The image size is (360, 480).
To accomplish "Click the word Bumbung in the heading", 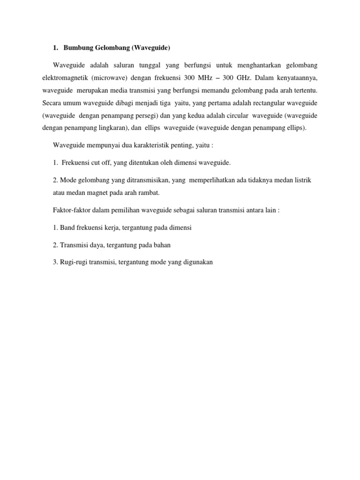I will (78, 48).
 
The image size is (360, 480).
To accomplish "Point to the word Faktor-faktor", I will (70, 210).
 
